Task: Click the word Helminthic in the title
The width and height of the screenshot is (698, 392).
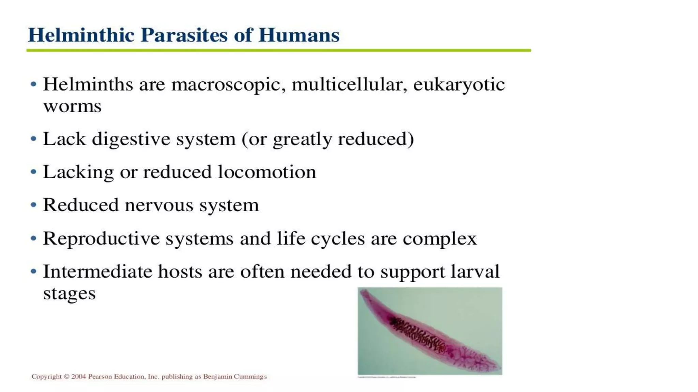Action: [81, 35]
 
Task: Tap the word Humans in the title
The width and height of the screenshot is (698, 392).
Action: [299, 35]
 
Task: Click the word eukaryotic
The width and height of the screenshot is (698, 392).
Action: [459, 85]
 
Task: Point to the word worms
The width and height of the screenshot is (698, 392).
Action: [72, 107]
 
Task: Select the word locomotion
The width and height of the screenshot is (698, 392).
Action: [267, 172]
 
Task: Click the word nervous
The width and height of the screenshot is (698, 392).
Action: [159, 206]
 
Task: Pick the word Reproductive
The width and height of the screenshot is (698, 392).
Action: [101, 239]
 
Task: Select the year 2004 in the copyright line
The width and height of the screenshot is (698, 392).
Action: [78, 377]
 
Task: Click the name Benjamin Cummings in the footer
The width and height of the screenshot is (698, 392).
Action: [235, 377]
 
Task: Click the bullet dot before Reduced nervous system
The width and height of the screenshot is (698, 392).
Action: [33, 205]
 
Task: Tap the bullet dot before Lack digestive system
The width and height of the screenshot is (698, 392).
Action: [33, 139]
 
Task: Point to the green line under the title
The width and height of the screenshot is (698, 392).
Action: [278, 50]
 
